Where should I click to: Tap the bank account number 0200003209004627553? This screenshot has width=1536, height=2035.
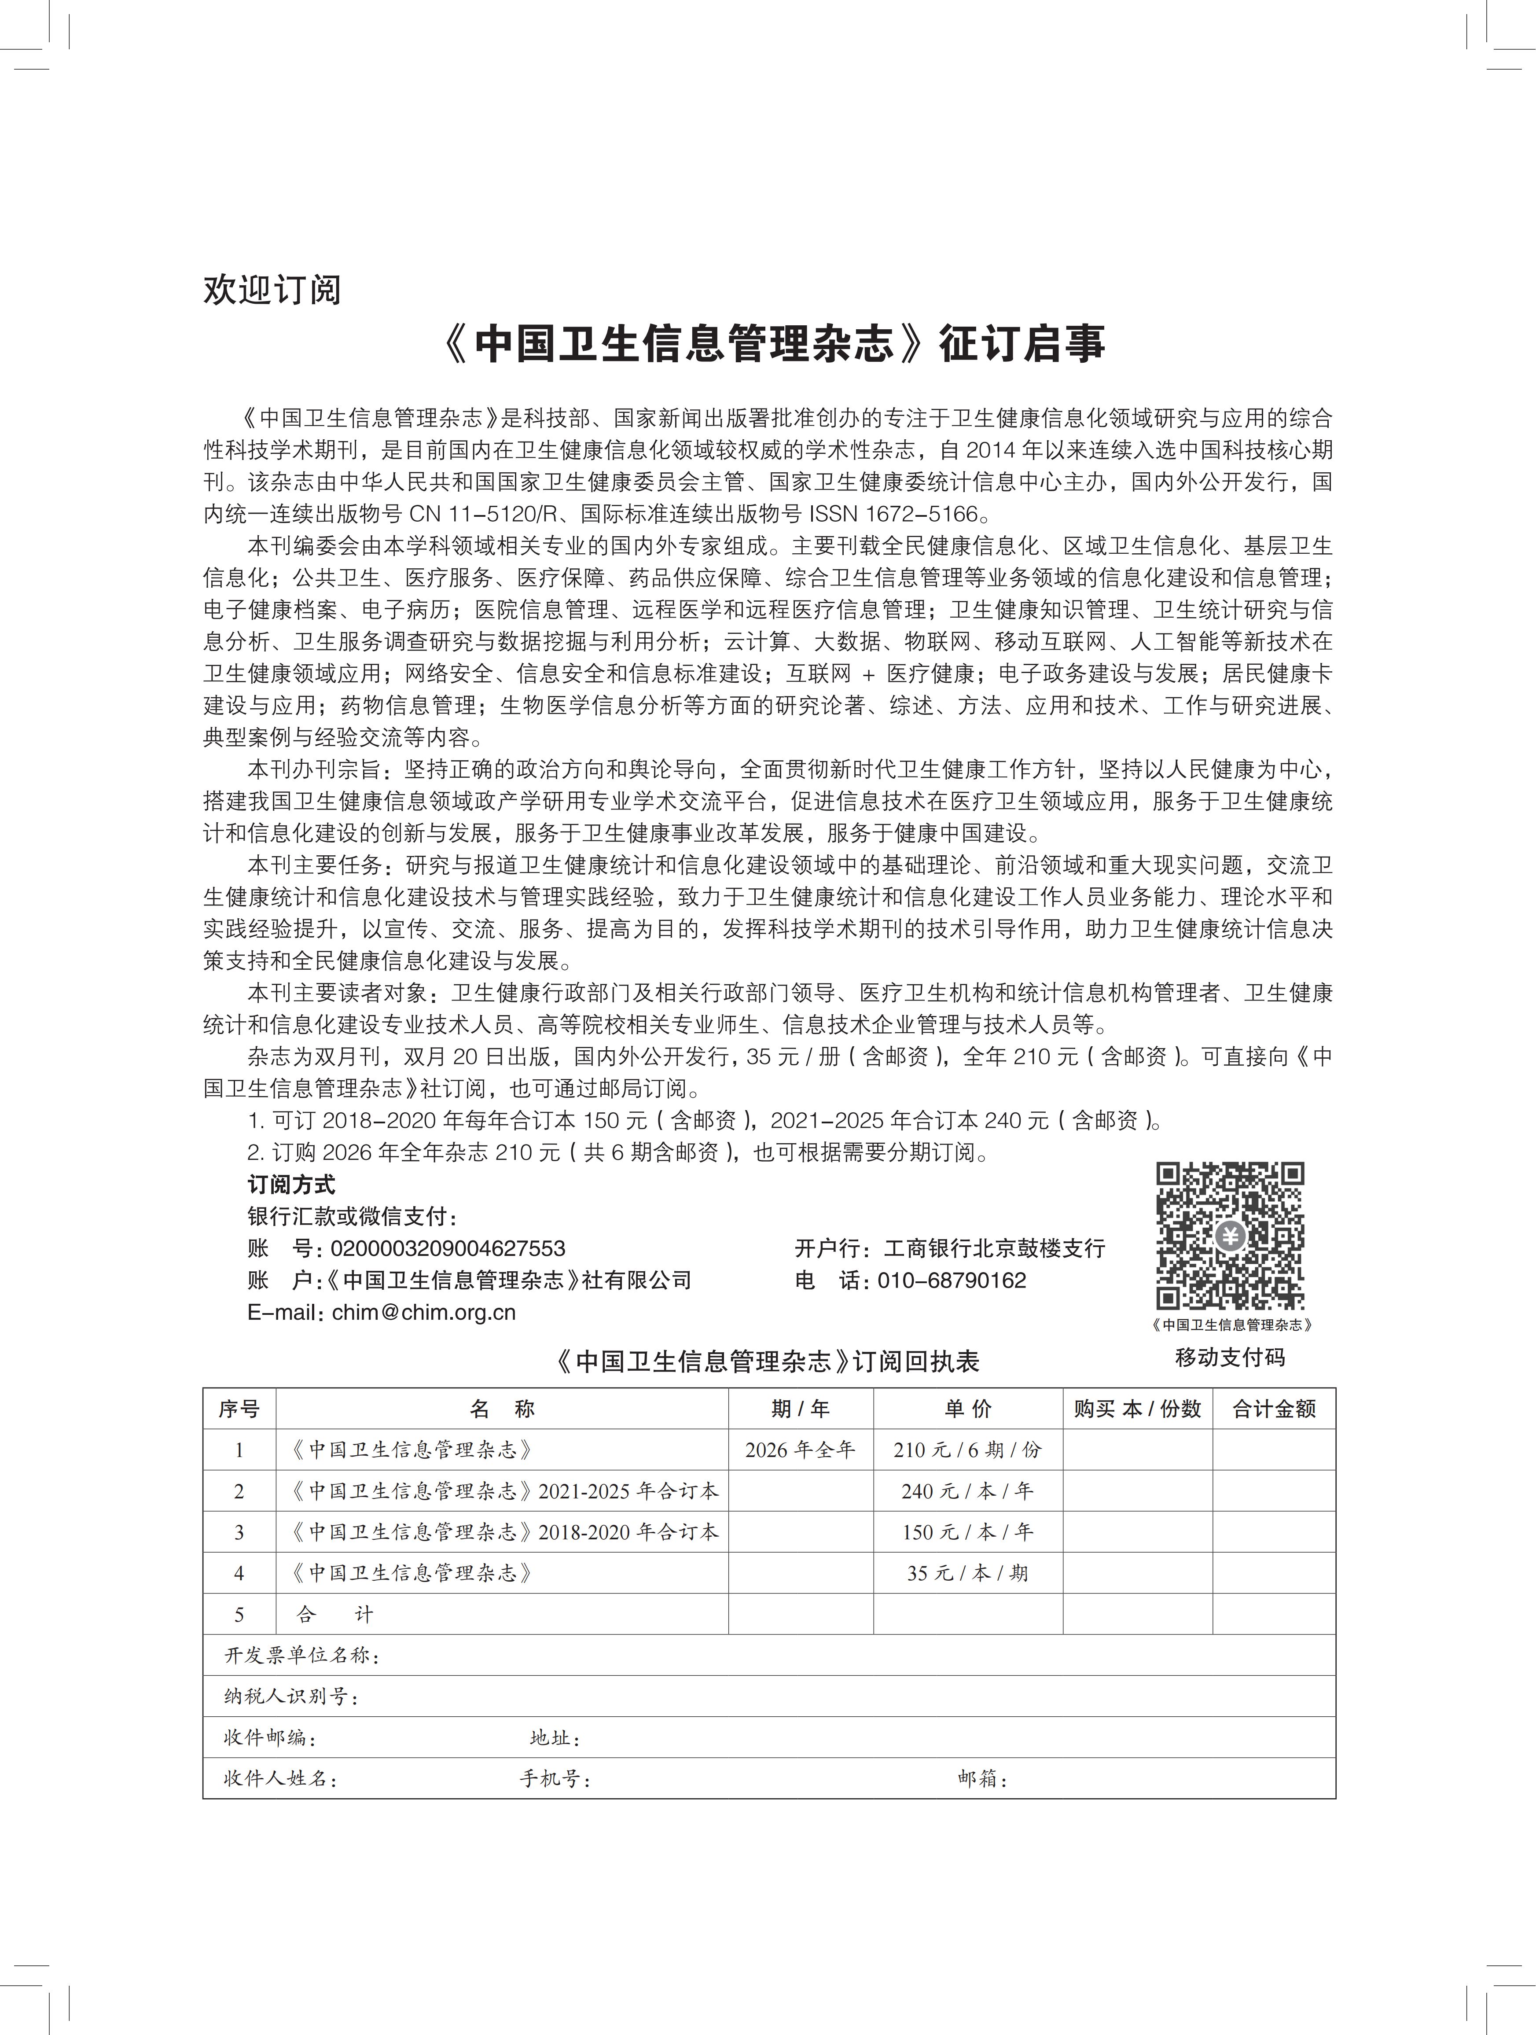448,1248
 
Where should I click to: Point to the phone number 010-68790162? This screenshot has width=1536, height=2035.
952,1280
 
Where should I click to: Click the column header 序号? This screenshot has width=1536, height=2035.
239,1409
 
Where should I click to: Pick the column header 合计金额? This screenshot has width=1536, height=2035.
1274,1409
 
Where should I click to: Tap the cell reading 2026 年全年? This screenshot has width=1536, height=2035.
800,1450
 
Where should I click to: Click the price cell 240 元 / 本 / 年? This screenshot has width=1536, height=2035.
967,1491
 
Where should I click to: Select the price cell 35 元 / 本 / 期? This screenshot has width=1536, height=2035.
967,1573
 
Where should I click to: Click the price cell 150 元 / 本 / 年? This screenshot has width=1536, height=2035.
967,1532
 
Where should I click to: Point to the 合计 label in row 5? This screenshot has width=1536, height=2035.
335,1615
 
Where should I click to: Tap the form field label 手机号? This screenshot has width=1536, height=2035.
555,1778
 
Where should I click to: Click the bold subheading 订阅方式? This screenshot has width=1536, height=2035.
290,1185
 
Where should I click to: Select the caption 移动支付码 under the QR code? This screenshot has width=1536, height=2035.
1230,1357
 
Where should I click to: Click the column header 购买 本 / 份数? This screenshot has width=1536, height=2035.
1137,1409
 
